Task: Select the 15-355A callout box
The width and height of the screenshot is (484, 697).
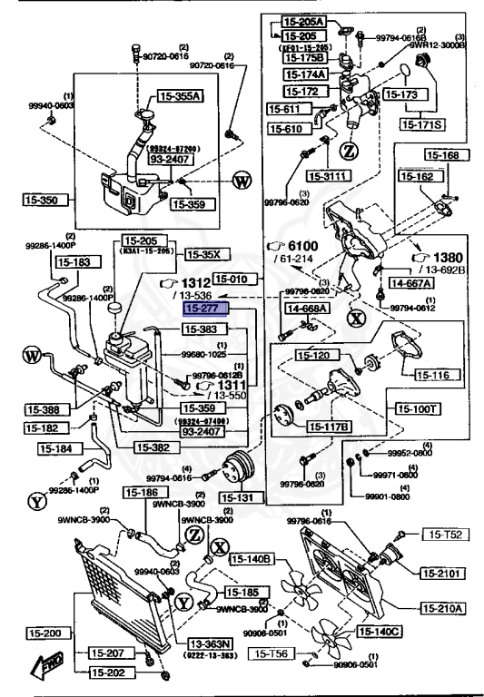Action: pyautogui.click(x=182, y=95)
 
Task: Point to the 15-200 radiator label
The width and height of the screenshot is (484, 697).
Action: pyautogui.click(x=30, y=633)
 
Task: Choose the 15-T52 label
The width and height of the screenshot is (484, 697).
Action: pyautogui.click(x=445, y=535)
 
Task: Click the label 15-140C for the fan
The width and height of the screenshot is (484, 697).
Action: pyautogui.click(x=379, y=631)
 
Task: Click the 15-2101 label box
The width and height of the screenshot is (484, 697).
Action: pyautogui.click(x=442, y=573)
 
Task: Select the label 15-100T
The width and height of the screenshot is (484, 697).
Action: pyautogui.click(x=416, y=409)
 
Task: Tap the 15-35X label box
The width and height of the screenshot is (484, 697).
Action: pyautogui.click(x=203, y=254)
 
